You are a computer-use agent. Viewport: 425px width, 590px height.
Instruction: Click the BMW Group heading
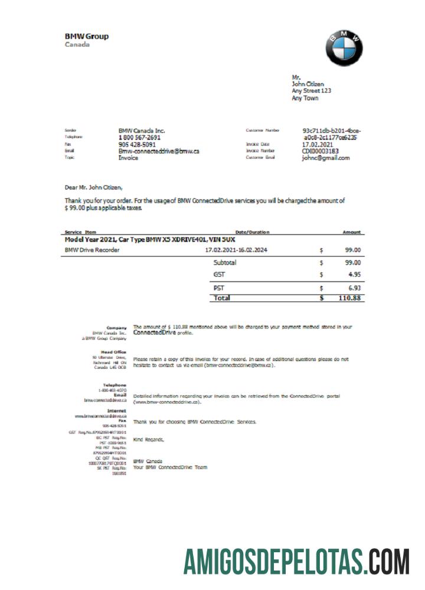pyautogui.click(x=87, y=37)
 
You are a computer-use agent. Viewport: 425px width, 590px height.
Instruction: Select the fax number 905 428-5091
pyautogui.click(x=137, y=144)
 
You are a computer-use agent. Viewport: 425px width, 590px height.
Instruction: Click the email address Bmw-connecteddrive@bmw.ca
pyautogui.click(x=159, y=151)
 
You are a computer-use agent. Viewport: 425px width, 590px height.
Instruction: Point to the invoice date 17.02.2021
pyautogui.click(x=318, y=144)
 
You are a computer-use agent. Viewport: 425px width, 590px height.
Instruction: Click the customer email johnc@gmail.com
pyautogui.click(x=326, y=158)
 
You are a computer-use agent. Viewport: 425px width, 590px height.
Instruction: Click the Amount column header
pyautogui.click(x=352, y=232)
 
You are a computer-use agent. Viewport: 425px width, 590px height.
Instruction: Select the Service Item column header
pyautogui.click(x=80, y=232)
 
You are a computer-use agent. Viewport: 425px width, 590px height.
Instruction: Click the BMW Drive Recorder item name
pyautogui.click(x=92, y=250)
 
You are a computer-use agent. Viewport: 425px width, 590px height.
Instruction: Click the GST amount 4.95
pyautogui.click(x=353, y=274)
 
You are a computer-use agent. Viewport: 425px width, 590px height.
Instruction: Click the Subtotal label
pyautogui.click(x=224, y=263)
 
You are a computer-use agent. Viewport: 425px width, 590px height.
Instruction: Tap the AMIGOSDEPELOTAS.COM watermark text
pyautogui.click(x=296, y=561)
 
